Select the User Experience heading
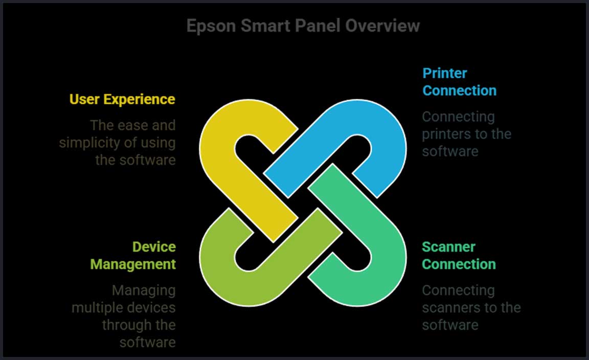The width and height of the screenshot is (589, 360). [x=122, y=99]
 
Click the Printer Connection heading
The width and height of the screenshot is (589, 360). [x=459, y=82]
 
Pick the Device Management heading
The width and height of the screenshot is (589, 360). [x=133, y=256]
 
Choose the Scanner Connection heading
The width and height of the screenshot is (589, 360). [x=459, y=256]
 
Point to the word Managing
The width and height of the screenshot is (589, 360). [x=144, y=290]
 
